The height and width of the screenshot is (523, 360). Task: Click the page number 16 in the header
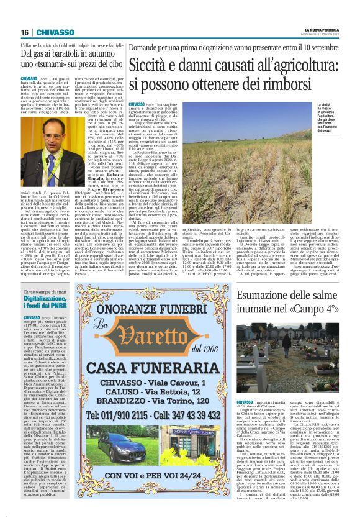(25, 32)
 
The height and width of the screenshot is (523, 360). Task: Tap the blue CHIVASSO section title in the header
(55, 32)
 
